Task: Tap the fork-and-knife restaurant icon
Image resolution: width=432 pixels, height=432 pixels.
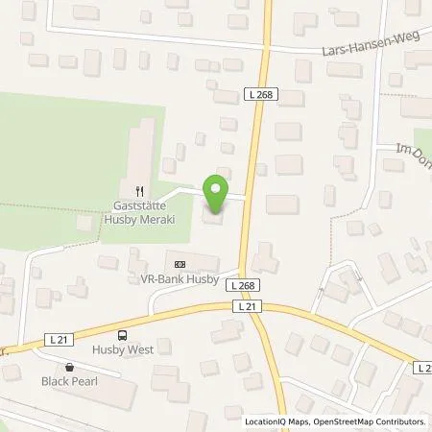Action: click(141, 190)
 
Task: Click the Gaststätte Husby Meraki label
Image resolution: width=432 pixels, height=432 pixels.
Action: click(141, 210)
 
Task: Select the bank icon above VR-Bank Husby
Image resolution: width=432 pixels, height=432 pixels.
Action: click(179, 263)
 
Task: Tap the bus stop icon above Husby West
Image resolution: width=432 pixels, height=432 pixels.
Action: click(122, 335)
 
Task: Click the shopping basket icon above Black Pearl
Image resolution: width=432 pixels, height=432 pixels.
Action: click(69, 367)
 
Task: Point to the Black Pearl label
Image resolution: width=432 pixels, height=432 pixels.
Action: click(69, 380)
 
